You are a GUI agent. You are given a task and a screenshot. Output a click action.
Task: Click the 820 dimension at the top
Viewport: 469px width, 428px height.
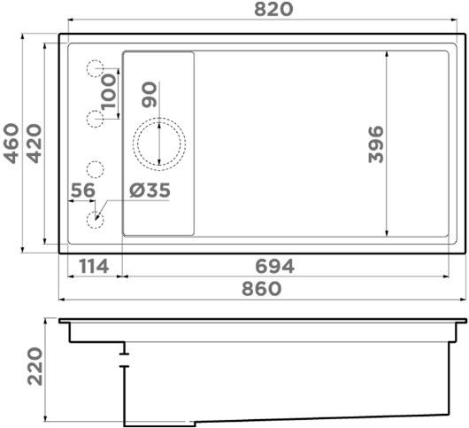point(273,9)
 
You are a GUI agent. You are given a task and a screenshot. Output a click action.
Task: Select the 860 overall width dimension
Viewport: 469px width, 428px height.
point(261,289)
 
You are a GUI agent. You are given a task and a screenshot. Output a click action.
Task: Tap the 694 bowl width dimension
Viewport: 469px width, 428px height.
point(274,266)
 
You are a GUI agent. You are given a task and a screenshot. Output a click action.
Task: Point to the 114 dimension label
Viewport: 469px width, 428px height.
point(94,267)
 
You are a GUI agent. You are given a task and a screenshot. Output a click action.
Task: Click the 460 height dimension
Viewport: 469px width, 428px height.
point(12,144)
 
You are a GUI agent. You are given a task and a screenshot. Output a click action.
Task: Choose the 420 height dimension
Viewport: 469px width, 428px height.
point(35,144)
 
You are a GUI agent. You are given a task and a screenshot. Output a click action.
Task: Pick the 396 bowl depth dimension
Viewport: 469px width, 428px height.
point(376,144)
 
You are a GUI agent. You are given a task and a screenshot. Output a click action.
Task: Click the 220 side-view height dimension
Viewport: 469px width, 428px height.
point(35,366)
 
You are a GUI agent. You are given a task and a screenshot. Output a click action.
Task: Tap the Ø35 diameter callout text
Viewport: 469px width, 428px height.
point(150,191)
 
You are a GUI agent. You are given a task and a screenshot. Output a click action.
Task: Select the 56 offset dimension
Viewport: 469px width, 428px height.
point(83,191)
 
